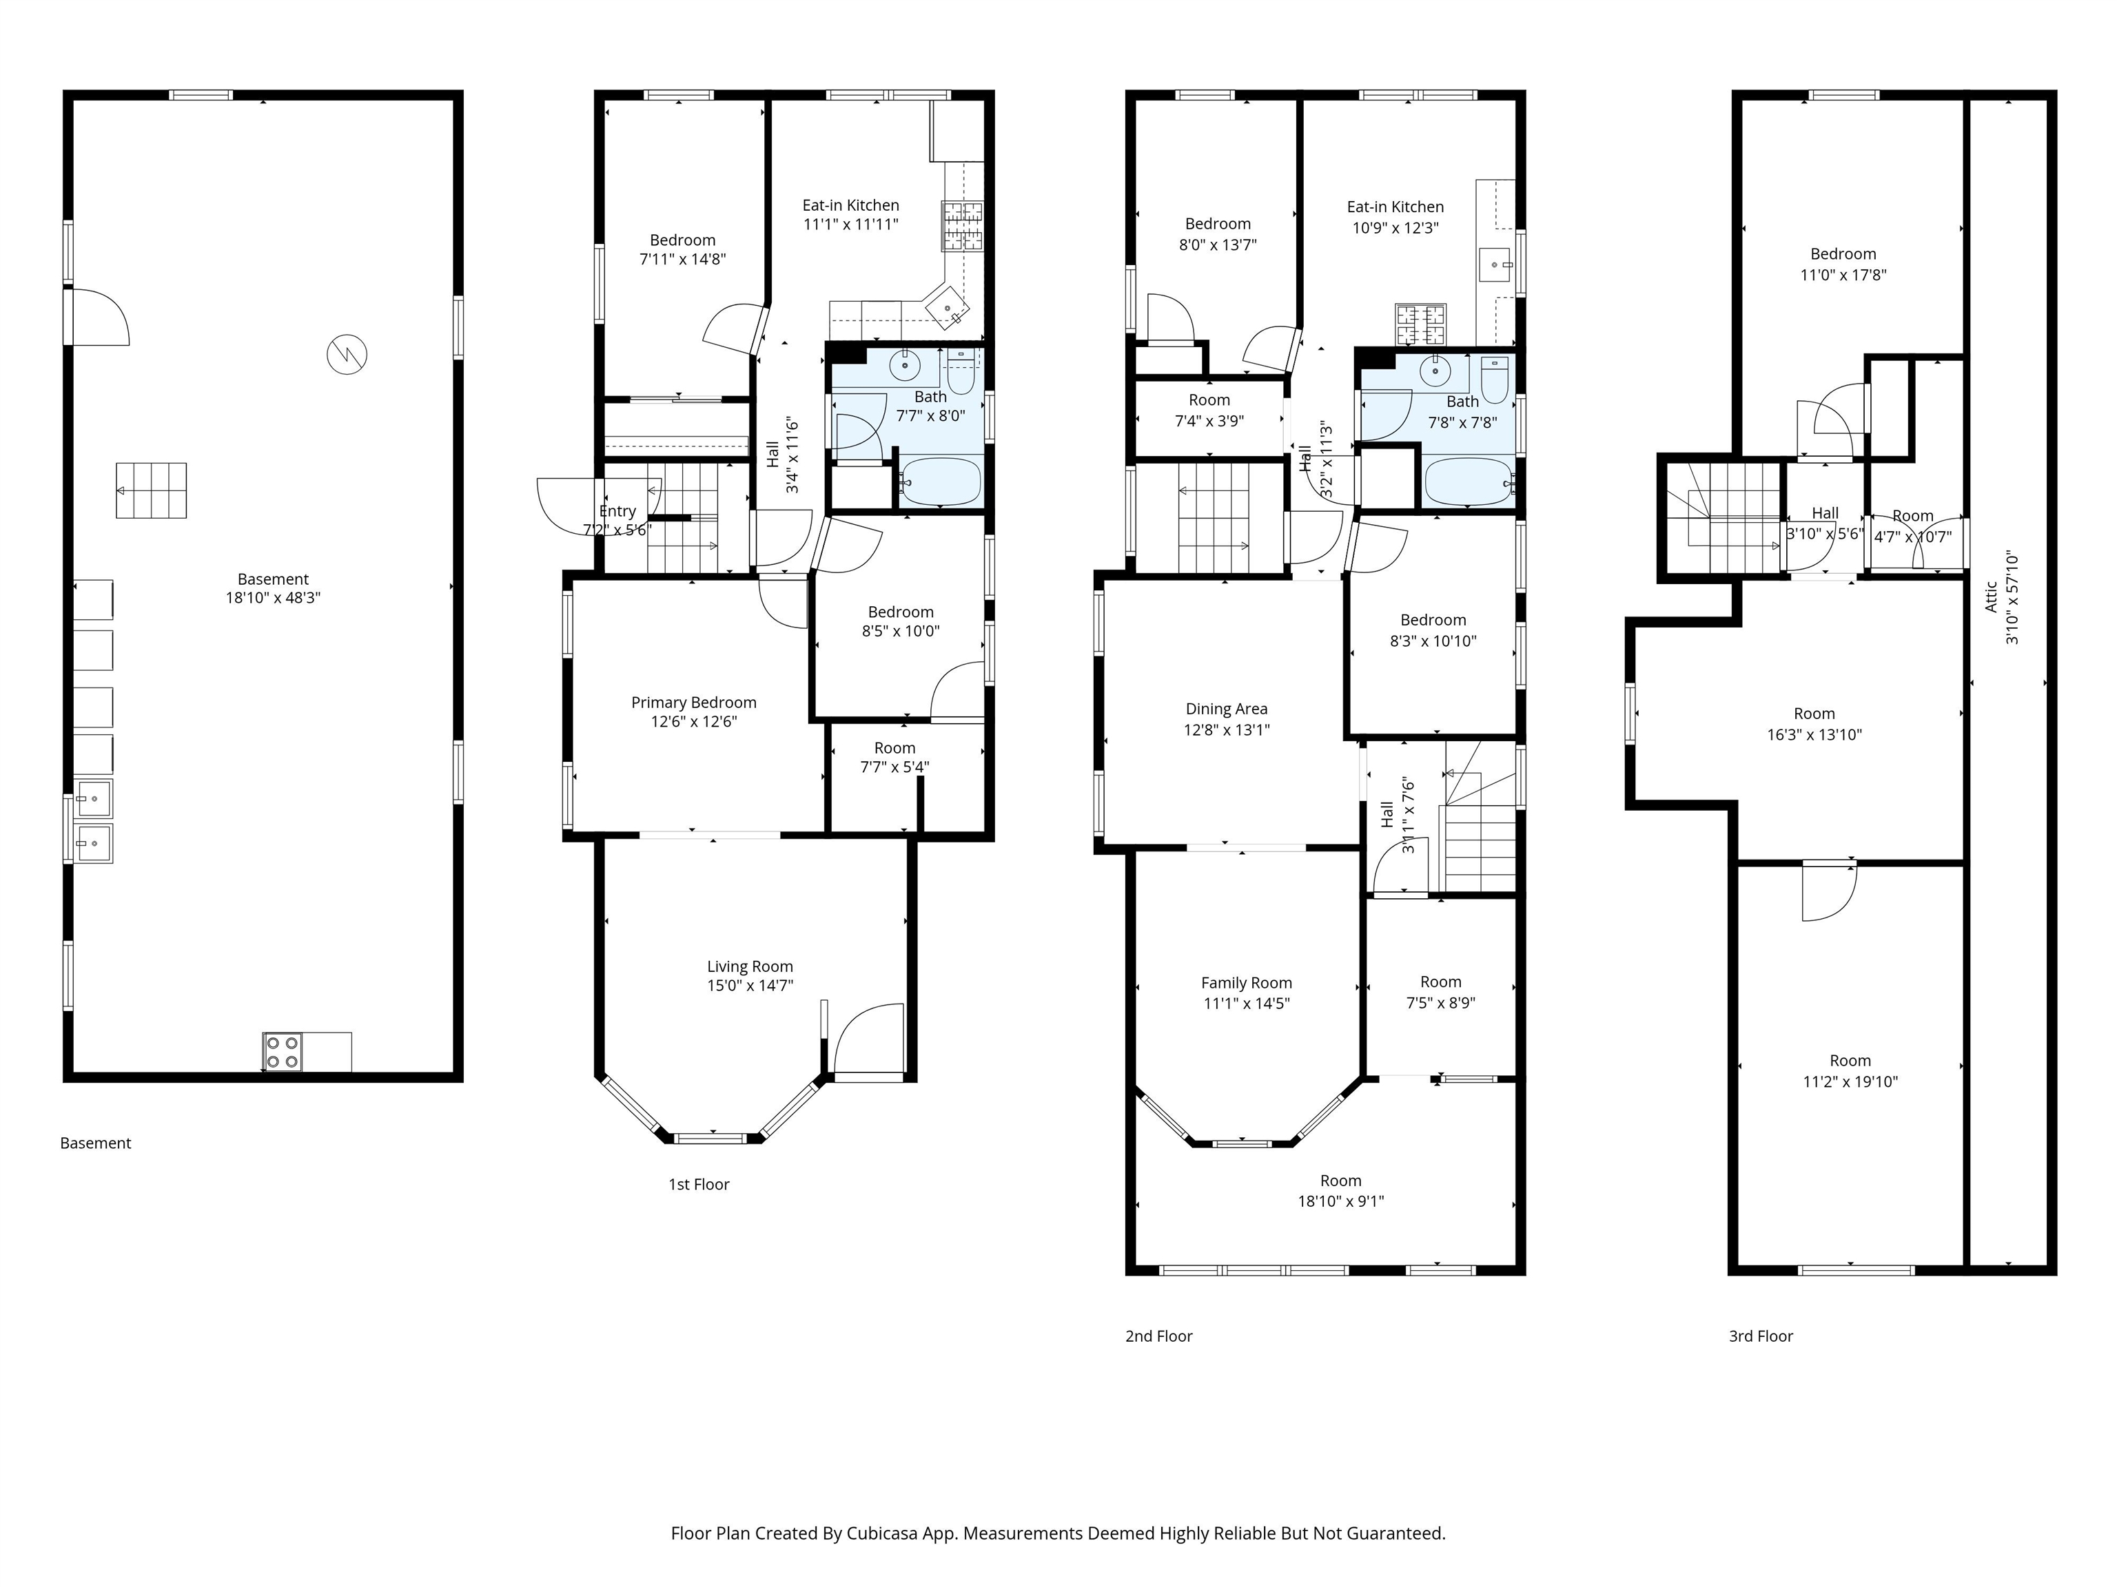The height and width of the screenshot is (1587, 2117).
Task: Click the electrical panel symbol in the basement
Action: [x=347, y=354]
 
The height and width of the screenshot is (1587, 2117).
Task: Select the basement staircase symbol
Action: [x=151, y=490]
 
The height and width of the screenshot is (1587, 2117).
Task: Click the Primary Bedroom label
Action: [x=694, y=702]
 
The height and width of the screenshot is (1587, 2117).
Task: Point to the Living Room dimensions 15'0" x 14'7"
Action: [x=750, y=985]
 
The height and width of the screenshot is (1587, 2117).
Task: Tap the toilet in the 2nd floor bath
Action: [x=1494, y=380]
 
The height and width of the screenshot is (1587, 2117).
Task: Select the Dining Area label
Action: [x=1227, y=709]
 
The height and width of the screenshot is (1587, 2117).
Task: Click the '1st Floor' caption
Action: [x=699, y=1184]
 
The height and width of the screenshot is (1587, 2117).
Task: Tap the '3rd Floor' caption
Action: [x=1761, y=1336]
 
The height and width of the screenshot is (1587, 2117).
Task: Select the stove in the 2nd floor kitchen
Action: [x=1421, y=324]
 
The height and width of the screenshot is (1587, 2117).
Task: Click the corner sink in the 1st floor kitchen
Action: [x=948, y=308]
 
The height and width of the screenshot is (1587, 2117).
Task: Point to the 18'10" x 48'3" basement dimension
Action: [x=273, y=598]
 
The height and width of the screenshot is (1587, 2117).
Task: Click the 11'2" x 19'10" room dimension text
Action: [x=1851, y=1082]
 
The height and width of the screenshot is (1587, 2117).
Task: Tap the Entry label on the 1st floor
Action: [x=617, y=511]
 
